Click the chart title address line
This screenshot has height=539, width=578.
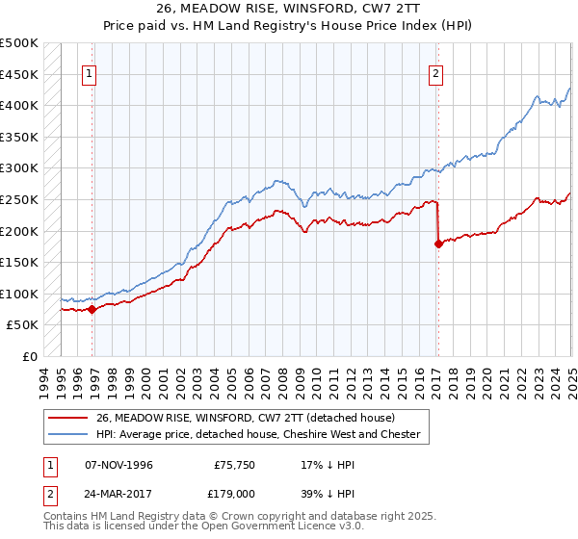point(289,9)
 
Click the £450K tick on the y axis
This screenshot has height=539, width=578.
point(20,74)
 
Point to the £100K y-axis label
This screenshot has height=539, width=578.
point(20,294)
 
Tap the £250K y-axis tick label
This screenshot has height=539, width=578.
point(20,199)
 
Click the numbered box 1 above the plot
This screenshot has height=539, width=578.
point(89,73)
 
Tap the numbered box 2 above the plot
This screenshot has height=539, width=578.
point(435,73)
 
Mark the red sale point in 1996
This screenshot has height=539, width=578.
point(92,309)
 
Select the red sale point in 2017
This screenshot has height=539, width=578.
point(438,244)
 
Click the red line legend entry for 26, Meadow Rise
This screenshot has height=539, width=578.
point(231,417)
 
